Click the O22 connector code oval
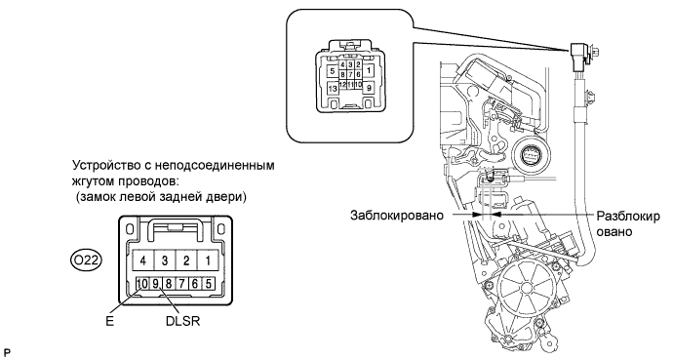86,260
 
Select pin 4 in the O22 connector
143,260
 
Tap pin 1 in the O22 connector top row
208,260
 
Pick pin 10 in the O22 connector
142,283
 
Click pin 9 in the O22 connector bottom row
155,283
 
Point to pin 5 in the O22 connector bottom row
208,283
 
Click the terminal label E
110,321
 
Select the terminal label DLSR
182,321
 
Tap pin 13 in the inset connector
333,89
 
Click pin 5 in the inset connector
333,71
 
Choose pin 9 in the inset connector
369,89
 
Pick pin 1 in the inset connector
369,70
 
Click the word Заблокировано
397,215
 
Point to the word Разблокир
628,216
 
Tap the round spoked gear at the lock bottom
526,289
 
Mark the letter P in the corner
6,353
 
